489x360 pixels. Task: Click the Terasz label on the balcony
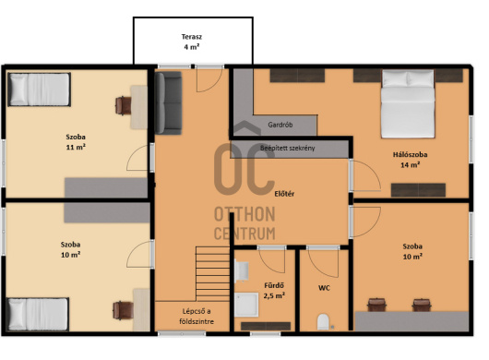[192, 37]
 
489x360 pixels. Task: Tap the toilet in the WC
[323, 322]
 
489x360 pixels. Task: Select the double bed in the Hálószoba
[408, 103]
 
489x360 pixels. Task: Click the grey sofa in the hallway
[169, 103]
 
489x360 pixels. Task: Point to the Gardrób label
[280, 125]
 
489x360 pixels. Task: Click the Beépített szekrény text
[288, 148]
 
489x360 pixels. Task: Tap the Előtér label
[284, 194]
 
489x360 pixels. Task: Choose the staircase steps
[213, 273]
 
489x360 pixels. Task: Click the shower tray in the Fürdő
[246, 305]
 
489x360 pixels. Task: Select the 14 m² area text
[410, 164]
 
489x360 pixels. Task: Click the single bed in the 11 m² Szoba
[39, 90]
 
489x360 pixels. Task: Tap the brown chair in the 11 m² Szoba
[124, 106]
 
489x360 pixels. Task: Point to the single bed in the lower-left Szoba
[38, 314]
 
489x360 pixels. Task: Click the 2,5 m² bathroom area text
[274, 295]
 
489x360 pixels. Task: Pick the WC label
[324, 288]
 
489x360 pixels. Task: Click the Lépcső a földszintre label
[197, 317]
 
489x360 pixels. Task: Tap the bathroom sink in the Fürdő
[242, 270]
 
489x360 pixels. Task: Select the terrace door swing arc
[216, 85]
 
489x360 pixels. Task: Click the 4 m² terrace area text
[192, 47]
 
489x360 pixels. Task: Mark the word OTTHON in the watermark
[244, 214]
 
